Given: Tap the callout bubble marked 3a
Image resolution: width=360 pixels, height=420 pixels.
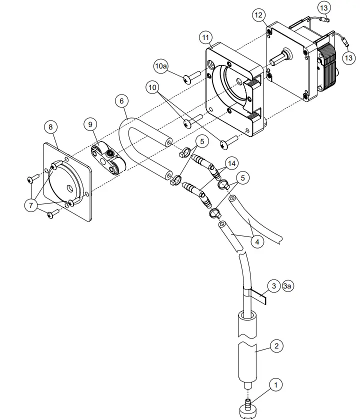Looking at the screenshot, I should (288, 286).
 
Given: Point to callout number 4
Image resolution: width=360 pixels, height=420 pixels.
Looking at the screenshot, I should (256, 242).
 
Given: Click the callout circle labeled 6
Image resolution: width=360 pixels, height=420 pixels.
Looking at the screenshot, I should (121, 100).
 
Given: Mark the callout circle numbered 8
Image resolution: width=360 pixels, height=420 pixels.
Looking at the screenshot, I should (50, 127).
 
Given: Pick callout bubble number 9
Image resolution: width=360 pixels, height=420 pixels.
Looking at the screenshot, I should (90, 123).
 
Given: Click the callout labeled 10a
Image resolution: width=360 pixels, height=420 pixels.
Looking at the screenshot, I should (160, 65).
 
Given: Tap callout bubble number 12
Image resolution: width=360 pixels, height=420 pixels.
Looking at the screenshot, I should (258, 15).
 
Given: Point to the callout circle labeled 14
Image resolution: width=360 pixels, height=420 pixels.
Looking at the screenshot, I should (230, 163).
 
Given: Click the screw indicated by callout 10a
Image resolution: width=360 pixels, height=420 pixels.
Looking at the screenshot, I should (190, 77).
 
